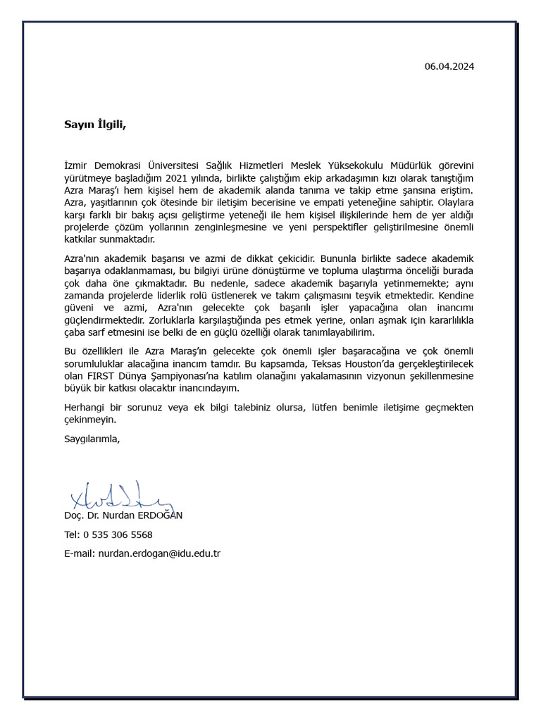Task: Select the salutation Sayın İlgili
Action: (94, 125)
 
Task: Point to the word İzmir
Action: (77, 165)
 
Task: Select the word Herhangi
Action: (85, 407)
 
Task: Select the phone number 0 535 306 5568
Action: (118, 534)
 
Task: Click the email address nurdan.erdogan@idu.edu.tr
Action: (159, 553)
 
